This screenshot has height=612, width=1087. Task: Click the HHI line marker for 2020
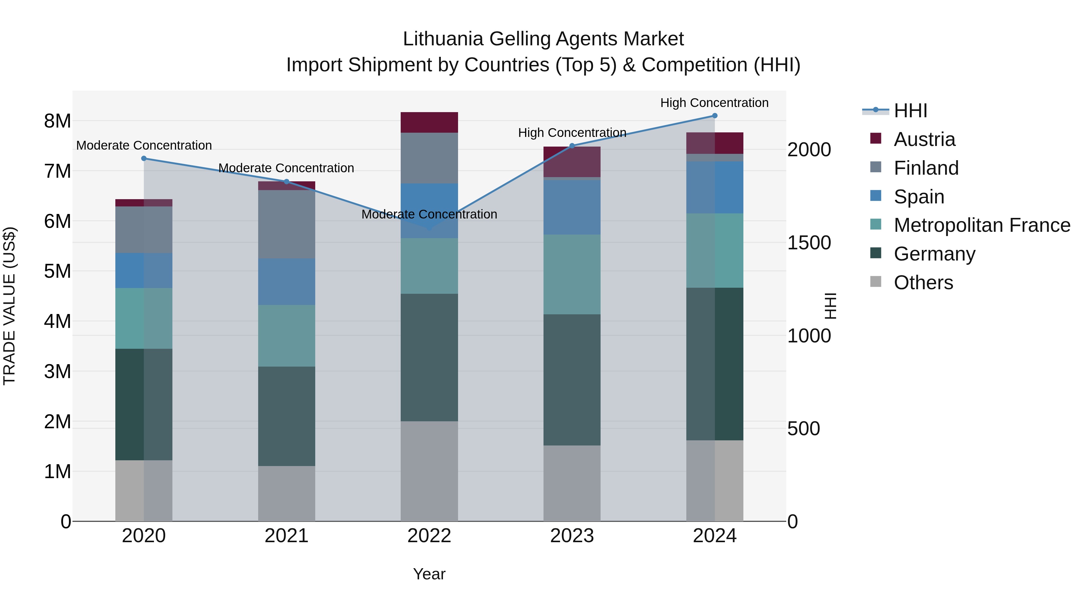pyautogui.click(x=144, y=158)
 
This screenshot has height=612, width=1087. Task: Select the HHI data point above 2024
pyautogui.click(x=714, y=115)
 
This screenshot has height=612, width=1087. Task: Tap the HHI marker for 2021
pyautogui.click(x=287, y=182)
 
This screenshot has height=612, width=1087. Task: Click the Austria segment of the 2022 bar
pyautogui.click(x=429, y=122)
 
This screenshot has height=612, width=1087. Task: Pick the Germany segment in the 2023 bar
pyautogui.click(x=572, y=379)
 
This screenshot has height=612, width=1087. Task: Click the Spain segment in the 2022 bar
pyautogui.click(x=429, y=203)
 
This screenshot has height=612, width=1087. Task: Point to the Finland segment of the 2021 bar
pyautogui.click(x=287, y=224)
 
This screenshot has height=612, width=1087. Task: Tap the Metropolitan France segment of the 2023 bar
pyautogui.click(x=572, y=274)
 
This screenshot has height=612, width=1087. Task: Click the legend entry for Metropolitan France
pyautogui.click(x=982, y=225)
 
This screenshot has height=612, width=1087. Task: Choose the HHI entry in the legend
pyautogui.click(x=910, y=111)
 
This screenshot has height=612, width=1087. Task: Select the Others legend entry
pyautogui.click(x=923, y=283)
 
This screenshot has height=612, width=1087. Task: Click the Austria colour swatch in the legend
pyautogui.click(x=876, y=138)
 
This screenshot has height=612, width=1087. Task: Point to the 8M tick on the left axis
pyautogui.click(x=57, y=121)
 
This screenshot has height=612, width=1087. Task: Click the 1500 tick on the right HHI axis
pyautogui.click(x=809, y=243)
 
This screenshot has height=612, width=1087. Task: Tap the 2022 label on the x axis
pyautogui.click(x=429, y=536)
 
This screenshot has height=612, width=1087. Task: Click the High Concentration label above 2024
pyautogui.click(x=714, y=103)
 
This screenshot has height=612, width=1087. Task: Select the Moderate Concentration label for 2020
pyautogui.click(x=144, y=145)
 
